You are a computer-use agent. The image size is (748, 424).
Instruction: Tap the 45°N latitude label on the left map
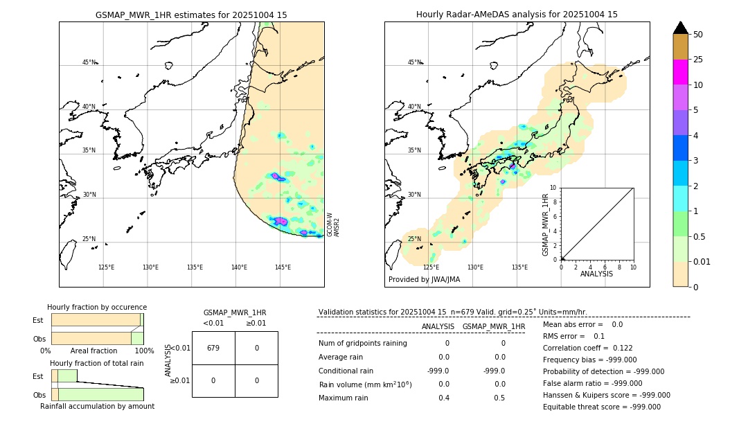pyautogui.click(x=89, y=62)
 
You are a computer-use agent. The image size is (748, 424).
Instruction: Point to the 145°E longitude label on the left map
pyautogui.click(x=283, y=267)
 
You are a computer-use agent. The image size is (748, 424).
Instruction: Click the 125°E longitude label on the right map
pyautogui.click(x=431, y=267)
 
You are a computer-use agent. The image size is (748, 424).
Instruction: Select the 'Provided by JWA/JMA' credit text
pyautogui.click(x=424, y=280)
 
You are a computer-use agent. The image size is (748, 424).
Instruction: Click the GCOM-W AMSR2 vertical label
pyautogui.click(x=334, y=224)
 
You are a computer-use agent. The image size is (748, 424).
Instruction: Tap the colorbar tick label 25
pyautogui.click(x=698, y=60)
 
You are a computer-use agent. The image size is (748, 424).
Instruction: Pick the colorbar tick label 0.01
pyautogui.click(x=702, y=262)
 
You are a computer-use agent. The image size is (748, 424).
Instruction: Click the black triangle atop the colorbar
pyautogui.click(x=681, y=28)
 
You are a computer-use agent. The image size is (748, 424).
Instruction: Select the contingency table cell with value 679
pyautogui.click(x=213, y=348)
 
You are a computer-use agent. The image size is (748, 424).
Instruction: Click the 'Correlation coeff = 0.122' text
pyautogui.click(x=587, y=348)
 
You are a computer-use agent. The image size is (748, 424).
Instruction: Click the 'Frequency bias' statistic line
pyautogui.click(x=589, y=360)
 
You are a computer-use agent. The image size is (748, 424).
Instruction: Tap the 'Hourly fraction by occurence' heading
pyautogui.click(x=97, y=307)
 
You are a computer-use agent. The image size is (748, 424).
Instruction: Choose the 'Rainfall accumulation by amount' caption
pyautogui.click(x=97, y=407)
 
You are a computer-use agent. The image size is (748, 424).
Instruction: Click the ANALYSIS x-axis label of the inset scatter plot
pyautogui.click(x=596, y=274)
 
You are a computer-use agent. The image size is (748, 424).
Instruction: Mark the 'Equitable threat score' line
pyautogui.click(x=601, y=407)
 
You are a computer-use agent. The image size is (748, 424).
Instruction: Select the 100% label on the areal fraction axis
pyautogui.click(x=144, y=351)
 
